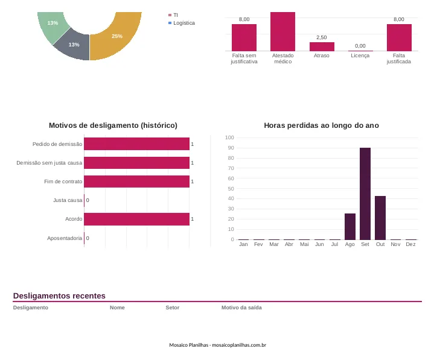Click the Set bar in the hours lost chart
(x=365, y=194)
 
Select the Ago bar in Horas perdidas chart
(x=350, y=227)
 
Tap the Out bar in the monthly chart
(x=380, y=218)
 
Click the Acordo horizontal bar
(x=137, y=219)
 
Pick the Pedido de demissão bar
(x=137, y=144)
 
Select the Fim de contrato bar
(x=137, y=182)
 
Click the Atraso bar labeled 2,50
(x=322, y=46)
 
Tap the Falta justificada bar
(x=399, y=37)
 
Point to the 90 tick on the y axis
(x=231, y=148)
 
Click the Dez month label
(x=410, y=244)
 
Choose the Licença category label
(x=360, y=55)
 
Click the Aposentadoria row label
(x=65, y=238)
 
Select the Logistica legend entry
(x=182, y=23)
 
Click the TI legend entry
(x=173, y=15)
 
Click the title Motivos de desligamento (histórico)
(x=113, y=125)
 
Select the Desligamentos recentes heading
(x=59, y=296)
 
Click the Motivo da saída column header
(x=241, y=308)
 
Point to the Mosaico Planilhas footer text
(x=217, y=345)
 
